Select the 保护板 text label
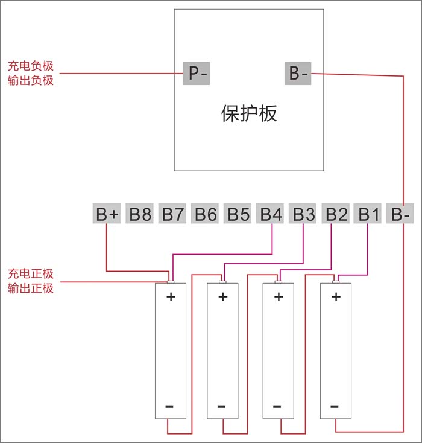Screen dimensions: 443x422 (x=249, y=113)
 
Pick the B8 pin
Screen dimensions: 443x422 (x=140, y=214)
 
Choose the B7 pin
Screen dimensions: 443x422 (x=173, y=214)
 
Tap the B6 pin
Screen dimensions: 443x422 (x=206, y=214)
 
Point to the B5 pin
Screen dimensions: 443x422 (x=238, y=214)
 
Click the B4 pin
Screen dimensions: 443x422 (x=271, y=214)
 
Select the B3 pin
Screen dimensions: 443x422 (x=304, y=214)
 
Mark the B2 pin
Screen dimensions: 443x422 (x=336, y=214)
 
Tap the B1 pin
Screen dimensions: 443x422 (x=369, y=214)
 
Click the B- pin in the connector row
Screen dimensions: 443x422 (x=401, y=214)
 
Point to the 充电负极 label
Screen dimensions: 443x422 (x=30, y=66)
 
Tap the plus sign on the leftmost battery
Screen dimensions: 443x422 (x=171, y=296)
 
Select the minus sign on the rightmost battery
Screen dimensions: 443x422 (x=336, y=406)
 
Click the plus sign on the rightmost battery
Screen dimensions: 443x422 (x=336, y=296)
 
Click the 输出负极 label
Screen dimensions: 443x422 (x=30, y=80)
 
